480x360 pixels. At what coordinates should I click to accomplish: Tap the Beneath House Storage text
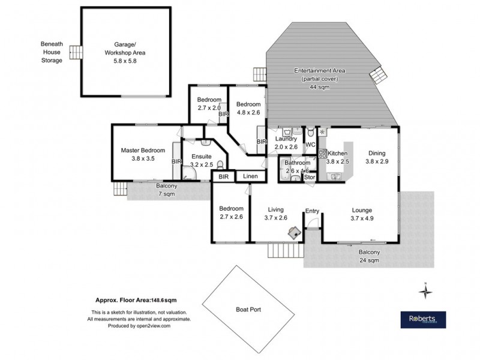tap(52, 52)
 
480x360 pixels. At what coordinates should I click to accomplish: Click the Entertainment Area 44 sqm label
tap(320, 79)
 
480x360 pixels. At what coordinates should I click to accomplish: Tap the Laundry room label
tap(286, 143)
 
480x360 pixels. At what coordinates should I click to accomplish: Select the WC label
tap(310, 145)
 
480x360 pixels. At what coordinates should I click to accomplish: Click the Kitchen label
tap(337, 157)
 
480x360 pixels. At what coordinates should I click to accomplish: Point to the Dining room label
tap(377, 157)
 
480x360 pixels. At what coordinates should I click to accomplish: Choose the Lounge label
tap(362, 214)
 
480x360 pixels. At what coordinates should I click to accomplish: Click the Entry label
tap(312, 211)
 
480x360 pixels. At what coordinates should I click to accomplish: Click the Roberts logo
tap(422, 319)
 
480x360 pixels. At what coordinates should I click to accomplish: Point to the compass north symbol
tap(425, 291)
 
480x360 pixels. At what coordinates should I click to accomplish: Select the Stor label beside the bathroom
tap(310, 177)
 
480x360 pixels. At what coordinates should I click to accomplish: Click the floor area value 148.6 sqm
tap(163, 300)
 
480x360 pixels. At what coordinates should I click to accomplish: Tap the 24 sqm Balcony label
tap(369, 256)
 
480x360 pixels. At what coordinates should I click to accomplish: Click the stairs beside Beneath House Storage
tap(74, 53)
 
